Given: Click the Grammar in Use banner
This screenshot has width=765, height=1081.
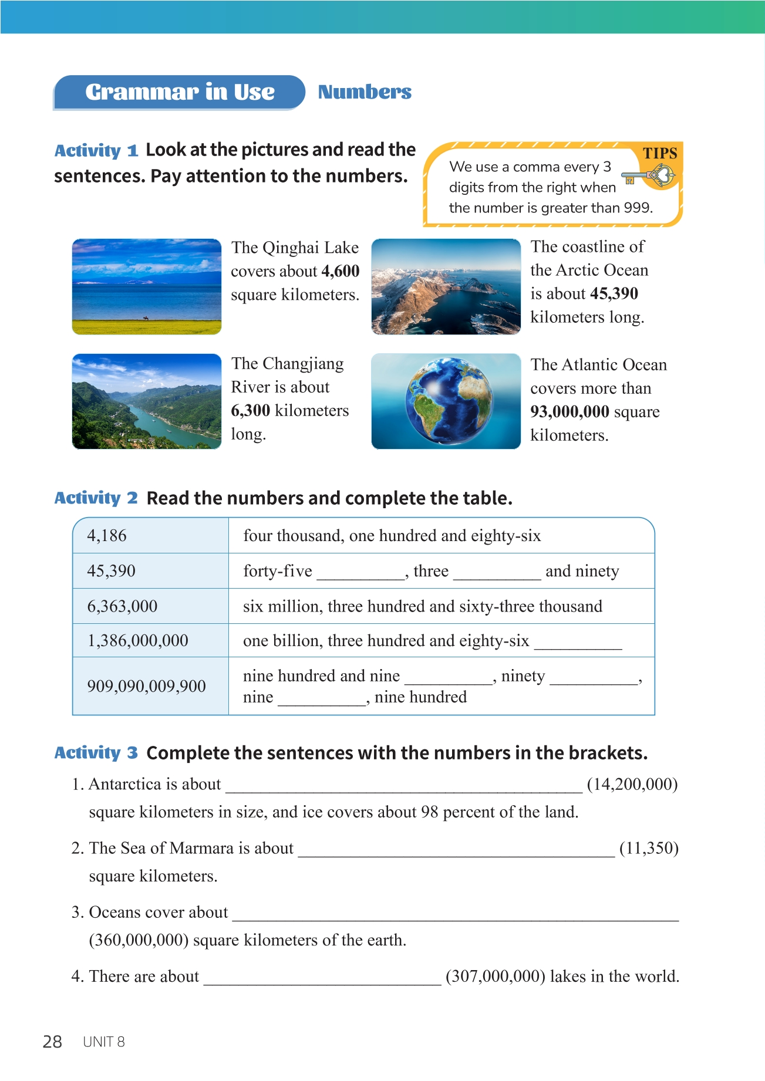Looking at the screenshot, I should coord(180,92).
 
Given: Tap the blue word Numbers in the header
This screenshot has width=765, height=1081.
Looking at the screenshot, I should coord(365,92).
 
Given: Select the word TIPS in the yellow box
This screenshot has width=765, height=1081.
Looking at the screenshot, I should coord(660,154).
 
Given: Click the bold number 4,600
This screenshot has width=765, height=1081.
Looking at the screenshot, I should coord(340,271).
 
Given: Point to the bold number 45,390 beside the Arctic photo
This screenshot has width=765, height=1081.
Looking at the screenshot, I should coord(614,293).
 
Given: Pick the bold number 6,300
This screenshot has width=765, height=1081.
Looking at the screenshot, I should coord(251,410).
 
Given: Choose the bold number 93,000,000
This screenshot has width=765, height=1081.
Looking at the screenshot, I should coord(569,411).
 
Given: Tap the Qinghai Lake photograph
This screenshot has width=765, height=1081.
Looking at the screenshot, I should coord(147,286).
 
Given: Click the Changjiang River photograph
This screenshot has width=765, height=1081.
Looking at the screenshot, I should coord(147,401).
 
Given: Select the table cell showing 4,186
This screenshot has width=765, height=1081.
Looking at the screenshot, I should coord(150,535).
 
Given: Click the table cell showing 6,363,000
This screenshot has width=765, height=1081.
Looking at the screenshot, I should coord(150,606).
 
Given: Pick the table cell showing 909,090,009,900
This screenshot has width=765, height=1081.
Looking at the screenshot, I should coord(150,686).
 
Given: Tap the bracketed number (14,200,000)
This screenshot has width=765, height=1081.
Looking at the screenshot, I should coord(632,785).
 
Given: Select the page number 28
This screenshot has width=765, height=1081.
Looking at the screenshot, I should coord(52,1042).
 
